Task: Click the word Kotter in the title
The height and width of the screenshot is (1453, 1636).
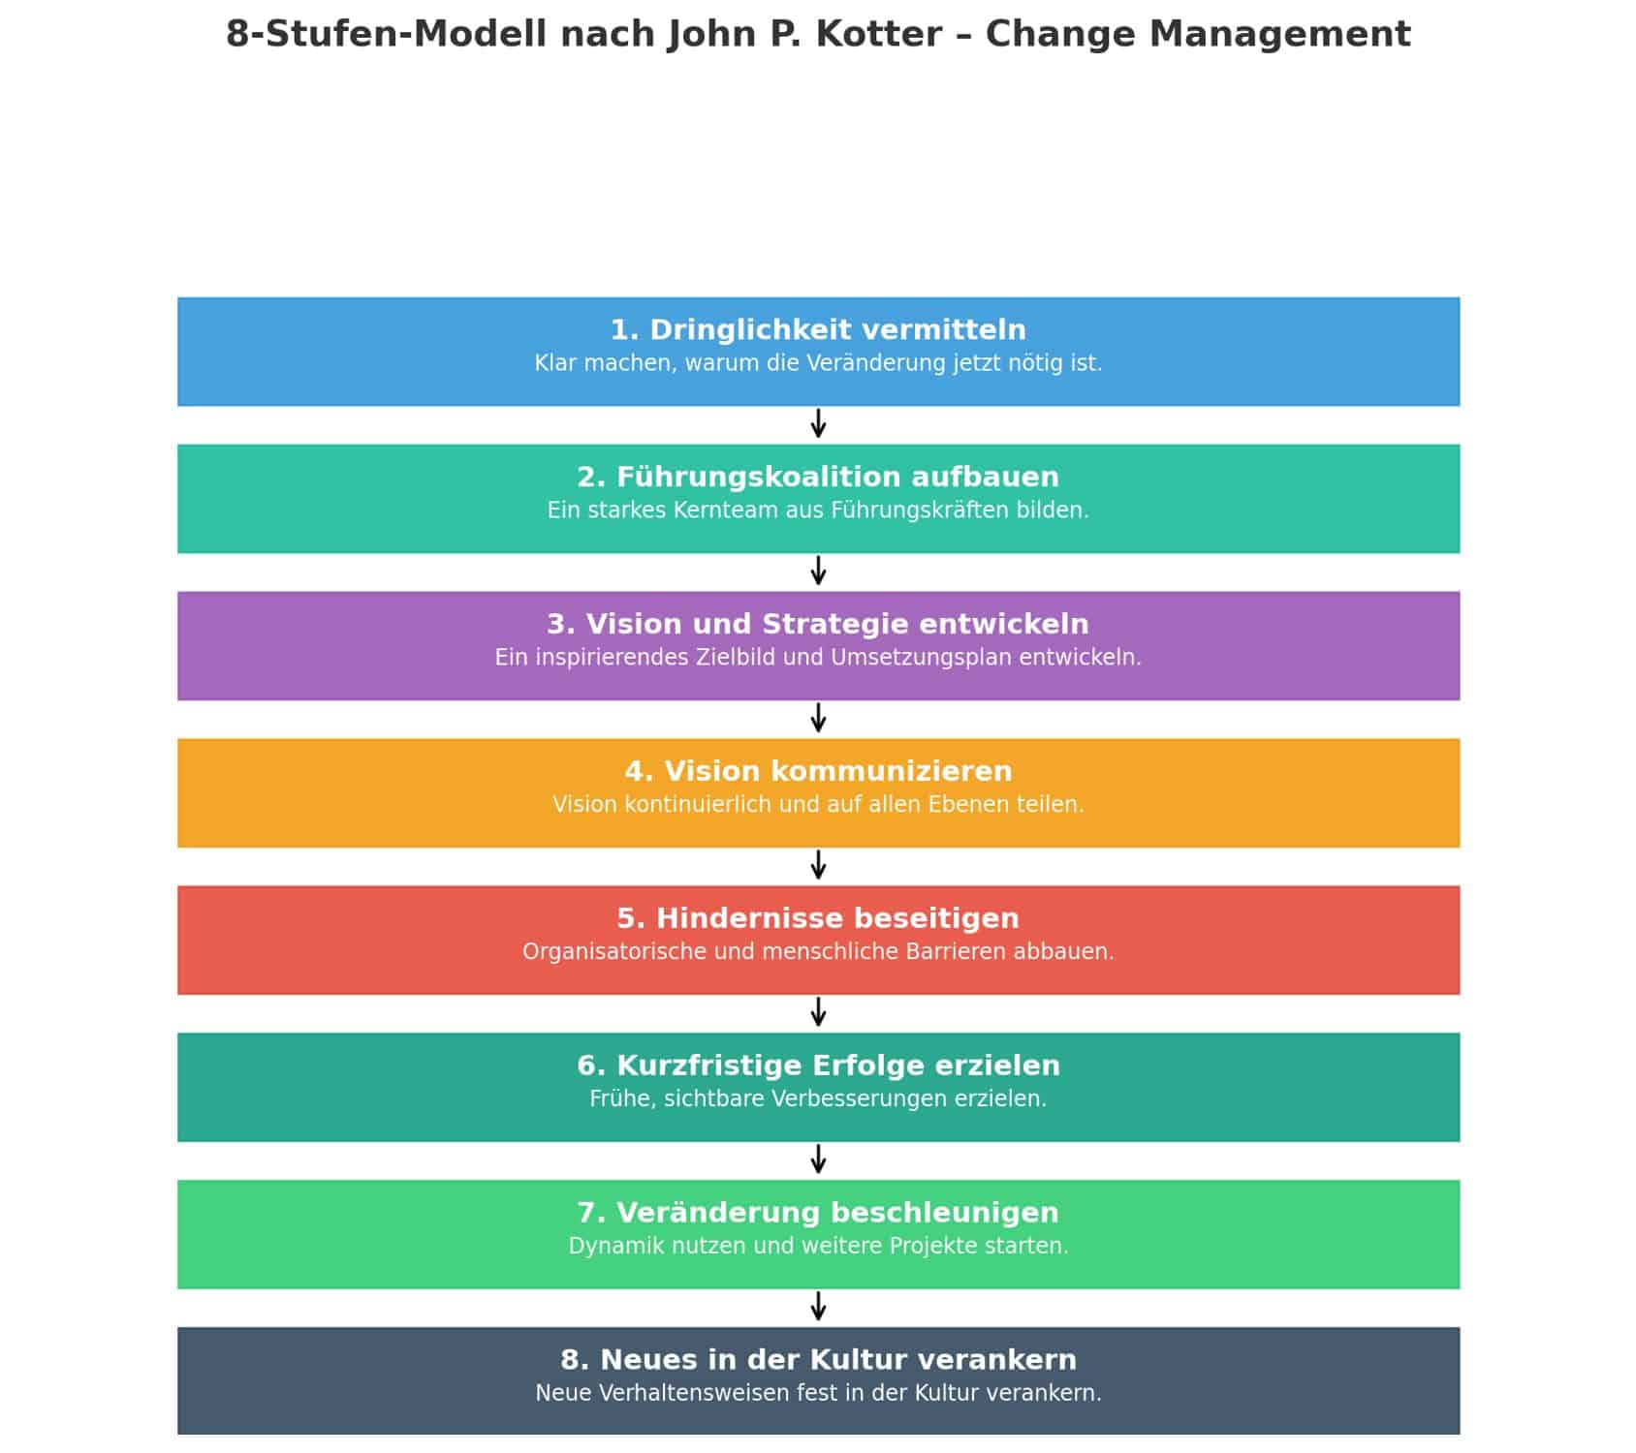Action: [878, 35]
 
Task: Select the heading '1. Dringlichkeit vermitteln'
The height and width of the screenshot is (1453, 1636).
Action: [818, 330]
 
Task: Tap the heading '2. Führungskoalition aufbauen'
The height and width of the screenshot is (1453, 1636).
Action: [818, 478]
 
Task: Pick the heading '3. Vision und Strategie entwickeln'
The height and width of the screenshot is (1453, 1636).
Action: [818, 625]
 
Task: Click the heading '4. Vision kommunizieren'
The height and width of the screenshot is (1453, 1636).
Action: [818, 772]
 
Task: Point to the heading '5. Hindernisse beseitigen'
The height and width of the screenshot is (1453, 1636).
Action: [818, 919]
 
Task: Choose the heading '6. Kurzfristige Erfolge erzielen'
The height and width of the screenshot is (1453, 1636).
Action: [818, 1067]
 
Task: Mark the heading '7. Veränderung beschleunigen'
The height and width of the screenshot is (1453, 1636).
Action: [818, 1214]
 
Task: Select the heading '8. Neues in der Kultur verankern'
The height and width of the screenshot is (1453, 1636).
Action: [818, 1361]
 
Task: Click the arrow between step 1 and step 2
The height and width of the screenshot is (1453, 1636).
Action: [818, 424]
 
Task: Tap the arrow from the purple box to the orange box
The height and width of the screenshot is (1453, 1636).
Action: [818, 719]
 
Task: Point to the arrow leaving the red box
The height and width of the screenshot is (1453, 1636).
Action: [818, 1013]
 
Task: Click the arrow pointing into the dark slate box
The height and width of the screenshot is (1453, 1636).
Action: [818, 1308]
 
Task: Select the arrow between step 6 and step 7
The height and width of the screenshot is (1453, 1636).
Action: [818, 1160]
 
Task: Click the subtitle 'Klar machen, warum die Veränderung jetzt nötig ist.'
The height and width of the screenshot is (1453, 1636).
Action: [818, 364]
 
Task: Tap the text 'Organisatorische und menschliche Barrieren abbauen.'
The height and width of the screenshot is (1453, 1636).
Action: [818, 953]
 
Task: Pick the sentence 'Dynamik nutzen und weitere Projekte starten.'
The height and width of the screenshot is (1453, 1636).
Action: [818, 1248]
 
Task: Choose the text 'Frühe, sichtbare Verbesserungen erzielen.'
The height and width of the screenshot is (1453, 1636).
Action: [818, 1100]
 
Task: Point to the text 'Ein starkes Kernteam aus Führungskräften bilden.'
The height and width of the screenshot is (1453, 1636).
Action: [818, 511]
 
